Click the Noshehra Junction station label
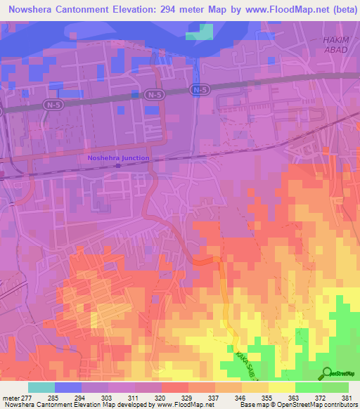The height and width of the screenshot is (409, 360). pyautogui.click(x=118, y=158)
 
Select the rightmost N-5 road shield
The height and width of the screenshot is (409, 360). pyautogui.click(x=200, y=90)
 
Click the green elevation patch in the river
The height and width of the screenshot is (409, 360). pyautogui.click(x=199, y=32)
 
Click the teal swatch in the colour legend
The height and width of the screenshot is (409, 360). pyautogui.click(x=41, y=388)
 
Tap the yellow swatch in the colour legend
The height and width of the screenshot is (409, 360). pyautogui.click(x=281, y=388)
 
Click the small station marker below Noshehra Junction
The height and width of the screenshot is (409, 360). pyautogui.click(x=118, y=166)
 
